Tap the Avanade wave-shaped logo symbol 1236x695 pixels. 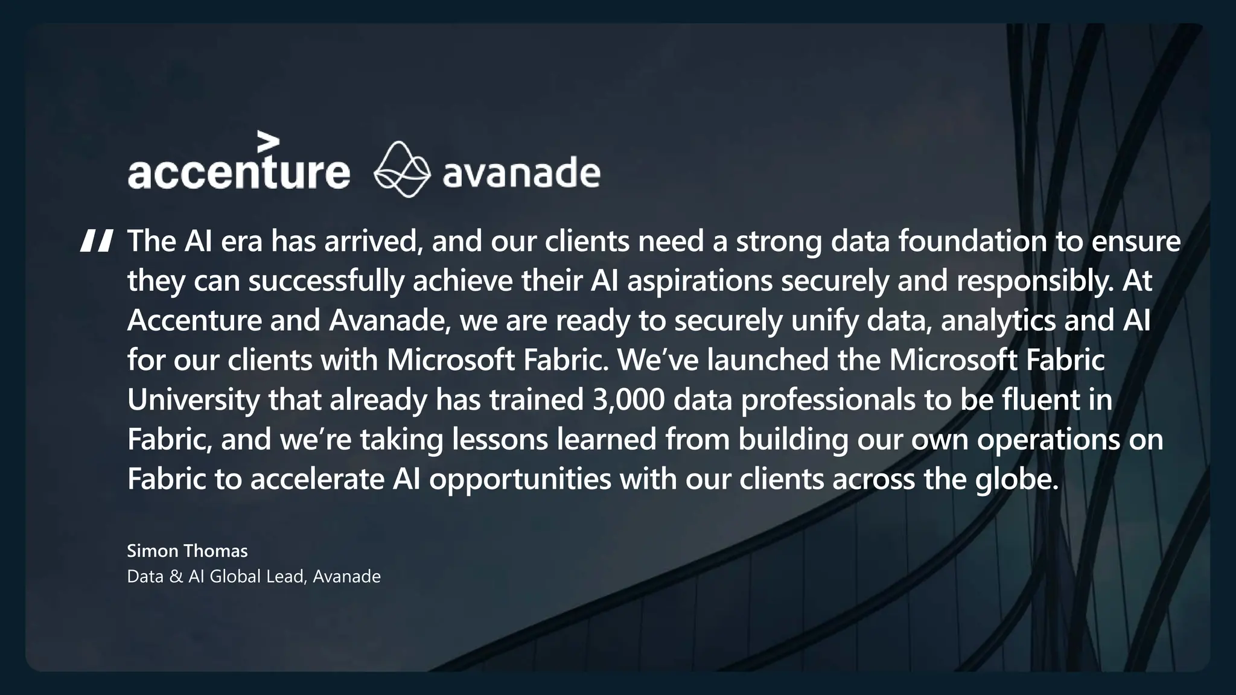coord(402,170)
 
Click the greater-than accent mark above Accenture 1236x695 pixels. coord(268,142)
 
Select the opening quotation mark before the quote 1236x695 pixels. coord(97,241)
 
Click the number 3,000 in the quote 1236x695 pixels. coord(628,400)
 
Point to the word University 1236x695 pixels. coord(193,400)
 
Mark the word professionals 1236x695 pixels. coord(828,400)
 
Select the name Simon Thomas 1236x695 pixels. coord(187,551)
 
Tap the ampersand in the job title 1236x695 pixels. coord(176,577)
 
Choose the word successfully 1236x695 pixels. coord(326,281)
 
